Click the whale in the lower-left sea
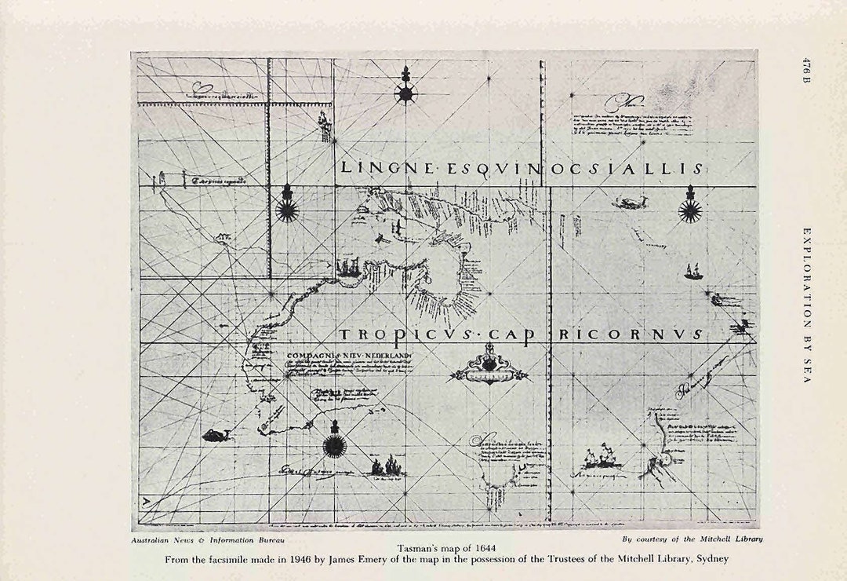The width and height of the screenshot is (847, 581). [x=214, y=434]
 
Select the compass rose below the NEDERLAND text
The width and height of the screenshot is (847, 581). [x=335, y=444]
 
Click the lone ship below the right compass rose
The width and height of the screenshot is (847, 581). [x=693, y=272]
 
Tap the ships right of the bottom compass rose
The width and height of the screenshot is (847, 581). [x=387, y=467]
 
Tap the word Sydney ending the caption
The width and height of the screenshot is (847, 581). [x=711, y=559]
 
